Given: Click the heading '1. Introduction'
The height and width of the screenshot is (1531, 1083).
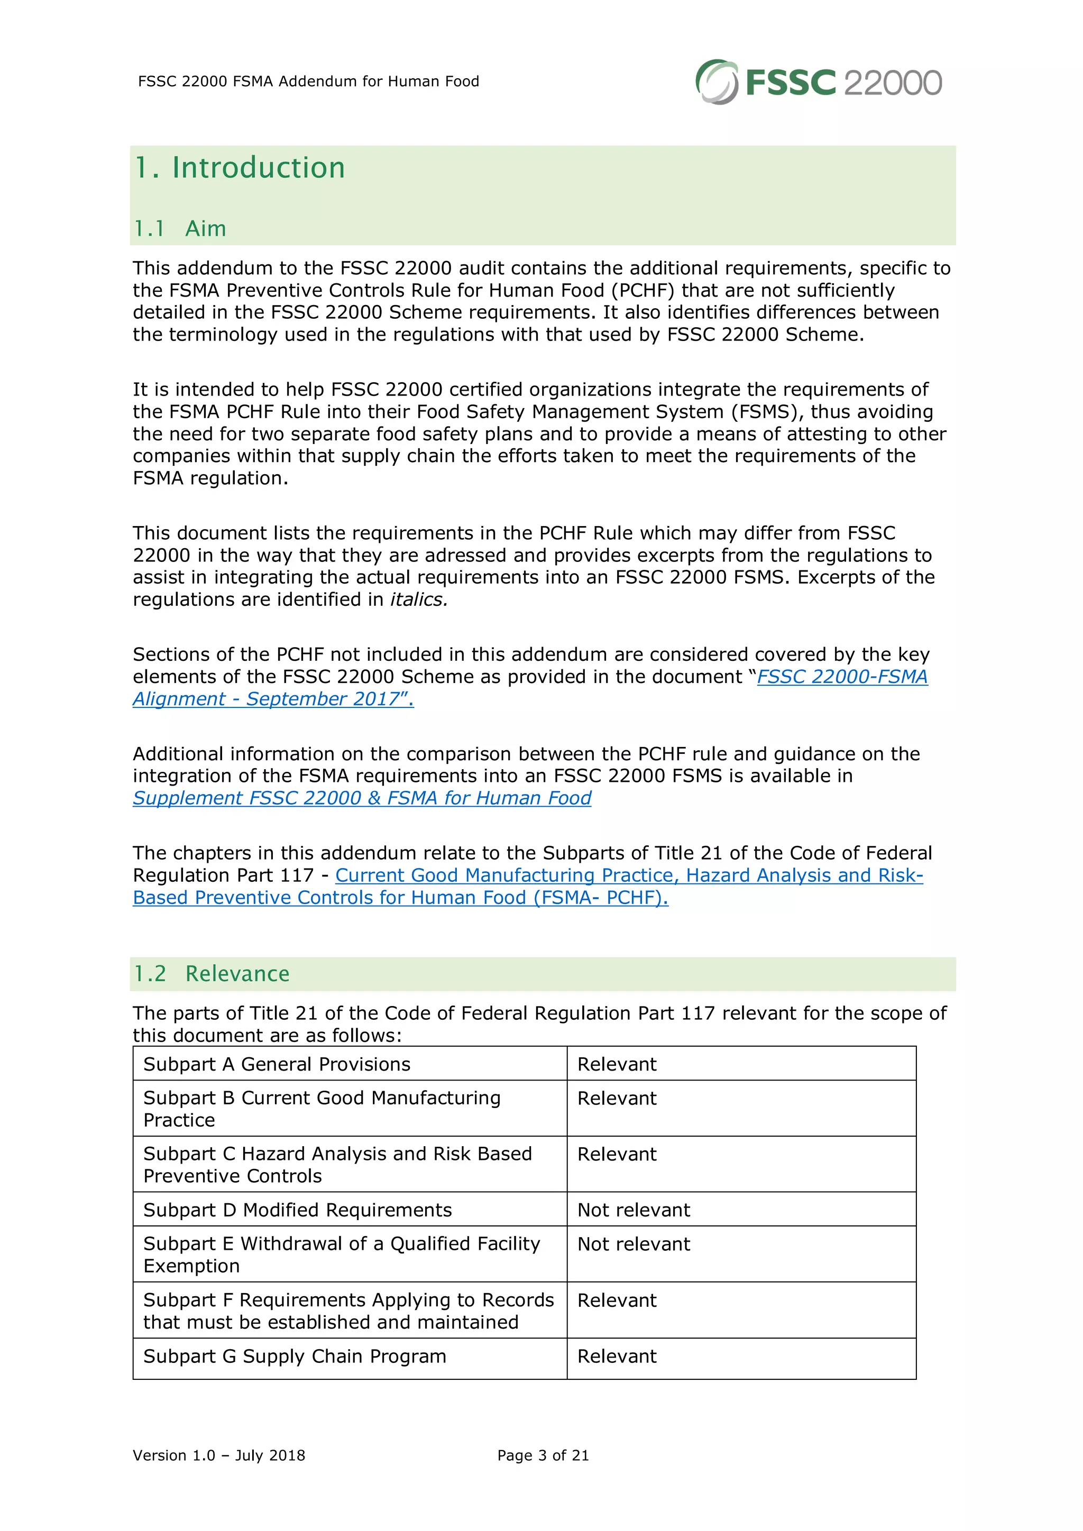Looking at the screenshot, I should [240, 168].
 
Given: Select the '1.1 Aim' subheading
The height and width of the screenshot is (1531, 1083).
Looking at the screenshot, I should [179, 229].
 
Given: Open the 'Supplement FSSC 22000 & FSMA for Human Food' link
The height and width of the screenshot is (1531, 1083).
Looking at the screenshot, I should [362, 798].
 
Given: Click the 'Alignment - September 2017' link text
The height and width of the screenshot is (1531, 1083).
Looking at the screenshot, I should [273, 699].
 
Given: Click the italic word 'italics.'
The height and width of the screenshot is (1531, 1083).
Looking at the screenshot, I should [419, 600].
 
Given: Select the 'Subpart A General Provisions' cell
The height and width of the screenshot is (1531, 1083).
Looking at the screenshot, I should [277, 1064].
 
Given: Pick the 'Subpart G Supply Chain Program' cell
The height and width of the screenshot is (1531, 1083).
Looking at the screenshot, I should [294, 1357].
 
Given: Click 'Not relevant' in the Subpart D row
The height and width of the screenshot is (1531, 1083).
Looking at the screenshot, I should [634, 1210].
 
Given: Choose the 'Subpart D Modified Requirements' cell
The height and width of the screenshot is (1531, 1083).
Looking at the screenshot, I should [297, 1210].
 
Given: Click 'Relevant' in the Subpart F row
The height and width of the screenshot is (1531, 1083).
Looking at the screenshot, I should [617, 1301].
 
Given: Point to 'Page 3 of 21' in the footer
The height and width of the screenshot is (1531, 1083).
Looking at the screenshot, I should [543, 1455].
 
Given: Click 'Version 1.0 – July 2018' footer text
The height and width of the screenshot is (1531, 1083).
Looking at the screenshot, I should [219, 1455].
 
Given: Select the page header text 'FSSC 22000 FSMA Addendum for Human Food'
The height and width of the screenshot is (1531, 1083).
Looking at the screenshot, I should [308, 81].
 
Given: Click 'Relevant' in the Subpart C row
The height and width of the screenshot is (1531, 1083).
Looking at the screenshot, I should [617, 1154].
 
